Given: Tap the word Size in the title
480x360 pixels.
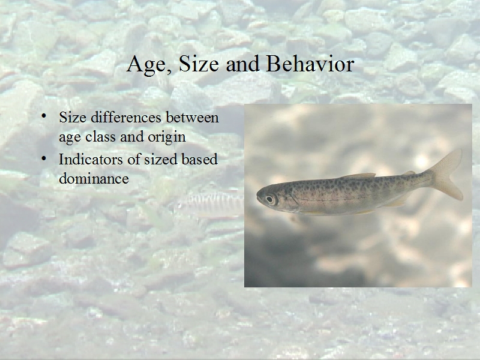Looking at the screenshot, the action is (199, 64).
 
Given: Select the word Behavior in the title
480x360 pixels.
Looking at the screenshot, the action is (310, 64).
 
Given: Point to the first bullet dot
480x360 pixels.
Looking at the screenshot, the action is (44, 116).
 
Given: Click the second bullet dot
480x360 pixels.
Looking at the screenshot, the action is (44, 158).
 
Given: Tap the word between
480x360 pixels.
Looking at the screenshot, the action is (192, 117).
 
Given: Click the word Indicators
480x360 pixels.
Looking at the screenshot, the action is (91, 159).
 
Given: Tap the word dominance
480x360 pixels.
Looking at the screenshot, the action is (94, 178).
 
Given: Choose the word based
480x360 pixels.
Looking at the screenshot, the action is (199, 159).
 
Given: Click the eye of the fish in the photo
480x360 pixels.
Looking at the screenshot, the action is (269, 199).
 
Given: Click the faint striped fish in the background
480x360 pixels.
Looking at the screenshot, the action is (212, 205).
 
